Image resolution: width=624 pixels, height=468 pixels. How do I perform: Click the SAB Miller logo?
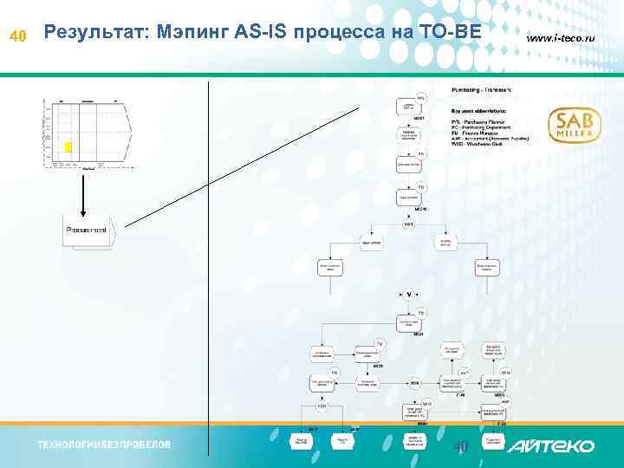coord(574,126)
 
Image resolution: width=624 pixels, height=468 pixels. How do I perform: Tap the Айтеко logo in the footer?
coord(551,445)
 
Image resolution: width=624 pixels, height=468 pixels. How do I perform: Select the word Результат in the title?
coord(94,32)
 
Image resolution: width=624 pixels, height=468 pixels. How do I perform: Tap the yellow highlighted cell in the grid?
coord(68,147)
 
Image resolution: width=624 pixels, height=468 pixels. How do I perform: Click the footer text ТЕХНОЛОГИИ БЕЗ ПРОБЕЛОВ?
coord(103,445)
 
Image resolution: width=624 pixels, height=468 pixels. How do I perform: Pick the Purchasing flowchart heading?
coord(482,90)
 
